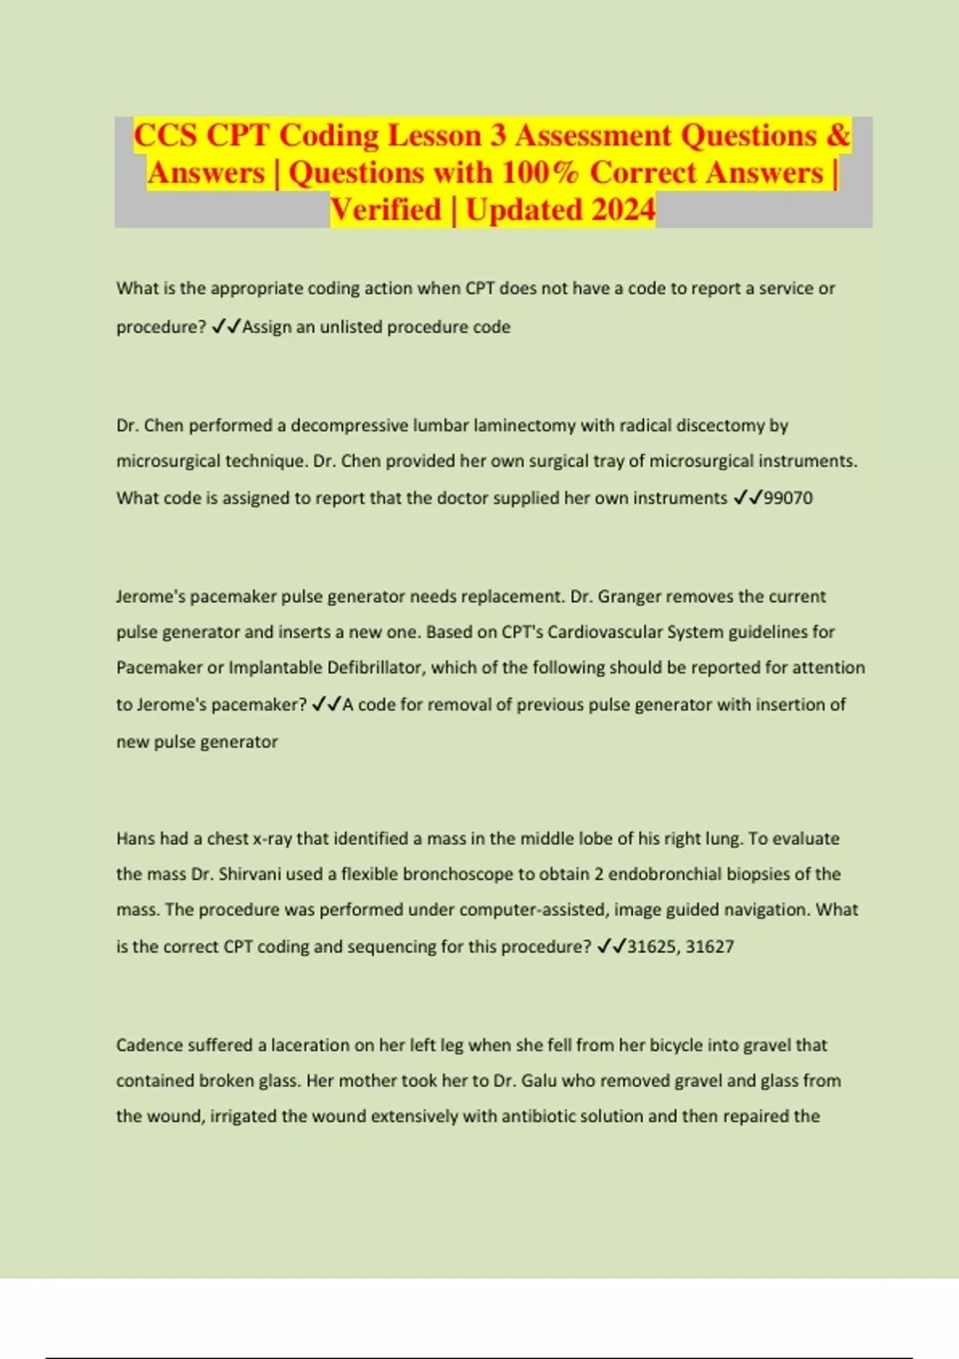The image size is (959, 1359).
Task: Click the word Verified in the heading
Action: coord(386,209)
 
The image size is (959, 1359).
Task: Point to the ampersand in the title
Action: coord(838,135)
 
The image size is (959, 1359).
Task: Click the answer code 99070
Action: coord(788,498)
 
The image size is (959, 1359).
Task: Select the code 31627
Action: coord(710,947)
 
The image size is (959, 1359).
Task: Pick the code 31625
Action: coord(651,947)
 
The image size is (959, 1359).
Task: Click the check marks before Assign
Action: coord(226,327)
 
